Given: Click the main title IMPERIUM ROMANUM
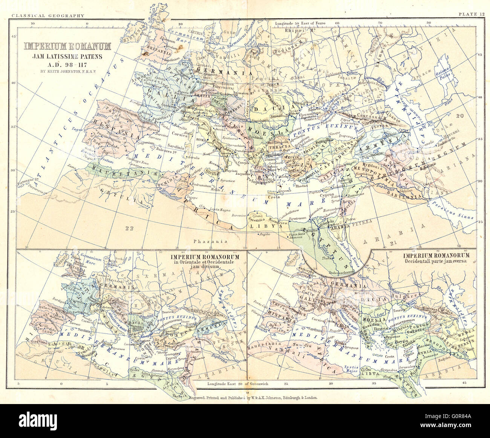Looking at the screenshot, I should [68, 46].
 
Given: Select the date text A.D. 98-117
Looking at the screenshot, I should [68, 63].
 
